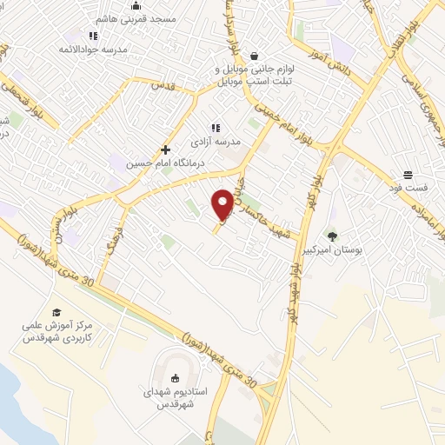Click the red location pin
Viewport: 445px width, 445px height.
pyautogui.click(x=222, y=203)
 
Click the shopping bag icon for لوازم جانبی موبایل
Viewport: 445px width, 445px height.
pyautogui.click(x=253, y=54)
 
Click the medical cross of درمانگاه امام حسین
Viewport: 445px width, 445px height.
pyautogui.click(x=165, y=149)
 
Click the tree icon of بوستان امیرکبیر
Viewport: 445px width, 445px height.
pyautogui.click(x=331, y=236)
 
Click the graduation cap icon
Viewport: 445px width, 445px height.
pyautogui.click(x=56, y=312)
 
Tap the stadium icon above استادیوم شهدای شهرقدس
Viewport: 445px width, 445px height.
pyautogui.click(x=175, y=378)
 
